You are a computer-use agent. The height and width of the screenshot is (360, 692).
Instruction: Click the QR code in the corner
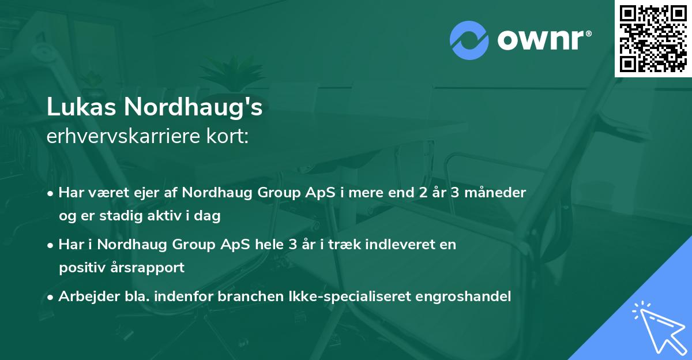point(653,39)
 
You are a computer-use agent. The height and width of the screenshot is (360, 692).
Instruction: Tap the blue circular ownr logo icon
point(469,40)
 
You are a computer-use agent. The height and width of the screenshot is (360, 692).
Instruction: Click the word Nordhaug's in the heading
point(192,108)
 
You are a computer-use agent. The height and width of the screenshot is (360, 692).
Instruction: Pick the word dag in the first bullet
point(209,216)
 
